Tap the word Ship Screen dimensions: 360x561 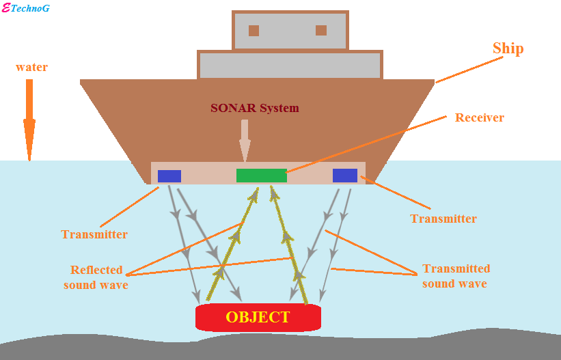[x=508, y=49]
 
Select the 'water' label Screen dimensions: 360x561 [x=31, y=68]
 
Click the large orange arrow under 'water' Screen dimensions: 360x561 [x=29, y=120]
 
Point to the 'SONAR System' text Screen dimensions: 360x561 [x=254, y=108]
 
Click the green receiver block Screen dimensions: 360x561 [x=261, y=176]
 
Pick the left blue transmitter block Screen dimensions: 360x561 [x=169, y=176]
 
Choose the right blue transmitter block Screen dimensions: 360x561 [x=344, y=176]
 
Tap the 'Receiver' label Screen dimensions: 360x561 [x=479, y=117]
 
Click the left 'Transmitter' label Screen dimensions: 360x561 [x=94, y=234]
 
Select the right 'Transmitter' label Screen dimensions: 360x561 [x=443, y=219]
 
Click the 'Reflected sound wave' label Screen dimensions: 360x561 [x=96, y=277]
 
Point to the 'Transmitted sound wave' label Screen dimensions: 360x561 [x=455, y=276]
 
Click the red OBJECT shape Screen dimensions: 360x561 [x=258, y=317]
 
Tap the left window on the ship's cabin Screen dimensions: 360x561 [x=254, y=31]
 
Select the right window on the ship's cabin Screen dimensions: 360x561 [x=320, y=31]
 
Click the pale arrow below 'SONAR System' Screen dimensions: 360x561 [x=245, y=141]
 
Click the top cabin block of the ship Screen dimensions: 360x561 [x=290, y=31]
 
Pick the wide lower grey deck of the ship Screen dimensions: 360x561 [x=290, y=66]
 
